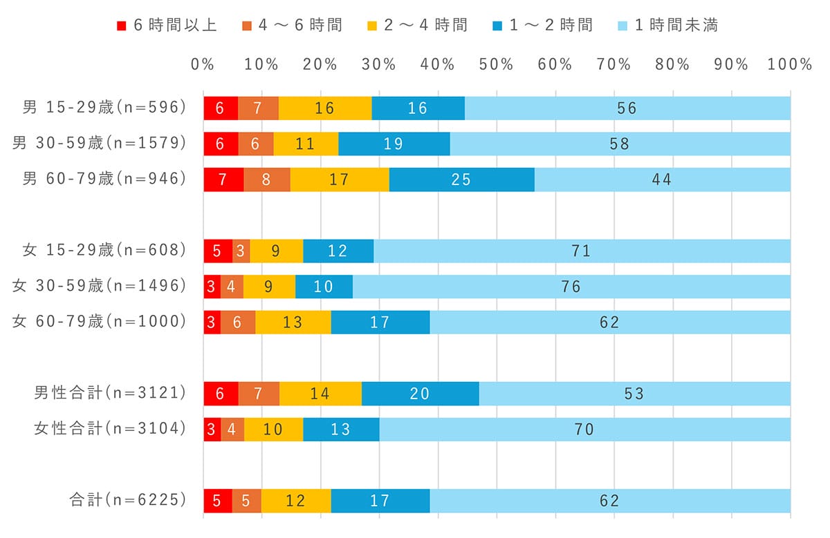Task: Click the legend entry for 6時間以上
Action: pos(167,26)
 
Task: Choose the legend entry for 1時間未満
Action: pos(667,26)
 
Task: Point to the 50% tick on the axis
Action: pos(497,65)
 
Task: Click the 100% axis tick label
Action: pos(789,65)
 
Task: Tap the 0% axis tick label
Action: pos(203,65)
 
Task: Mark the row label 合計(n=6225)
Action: pos(128,500)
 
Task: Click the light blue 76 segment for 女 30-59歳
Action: pos(571,287)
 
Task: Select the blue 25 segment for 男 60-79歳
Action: pos(461,180)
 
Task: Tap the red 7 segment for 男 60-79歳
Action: pos(223,180)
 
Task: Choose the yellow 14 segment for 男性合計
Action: pos(320,394)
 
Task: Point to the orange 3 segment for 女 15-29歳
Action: pos(241,251)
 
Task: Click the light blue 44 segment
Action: pos(662,180)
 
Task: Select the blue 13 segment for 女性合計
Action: pos(340,430)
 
